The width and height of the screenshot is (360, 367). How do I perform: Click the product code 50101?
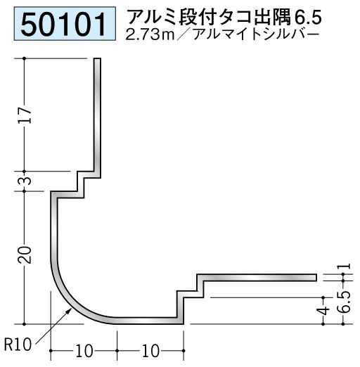pyautogui.click(x=64, y=24)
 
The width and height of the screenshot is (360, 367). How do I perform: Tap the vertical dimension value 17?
pyautogui.click(x=25, y=115)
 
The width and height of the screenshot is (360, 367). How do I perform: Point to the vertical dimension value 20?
pyautogui.click(x=25, y=255)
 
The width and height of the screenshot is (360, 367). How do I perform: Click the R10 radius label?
pyautogui.click(x=18, y=345)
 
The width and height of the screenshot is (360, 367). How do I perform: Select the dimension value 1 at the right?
pyautogui.click(x=347, y=266)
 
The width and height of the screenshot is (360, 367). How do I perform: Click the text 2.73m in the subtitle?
pyautogui.click(x=150, y=35)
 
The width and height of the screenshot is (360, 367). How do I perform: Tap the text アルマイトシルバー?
pyautogui.click(x=256, y=34)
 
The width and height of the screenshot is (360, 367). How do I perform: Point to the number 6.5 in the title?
pyautogui.click(x=308, y=18)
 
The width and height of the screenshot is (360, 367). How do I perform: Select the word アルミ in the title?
pyautogui.click(x=153, y=18)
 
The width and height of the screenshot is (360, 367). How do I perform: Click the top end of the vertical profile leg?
pyautogui.click(x=98, y=58)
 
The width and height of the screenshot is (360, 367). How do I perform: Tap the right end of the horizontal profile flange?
pyautogui.click(x=316, y=278)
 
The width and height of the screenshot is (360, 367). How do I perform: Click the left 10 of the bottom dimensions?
pyautogui.click(x=84, y=351)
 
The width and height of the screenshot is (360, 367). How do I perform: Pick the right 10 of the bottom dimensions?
pyautogui.click(x=150, y=351)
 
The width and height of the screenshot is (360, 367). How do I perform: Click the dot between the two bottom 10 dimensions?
pyautogui.click(x=117, y=351)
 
